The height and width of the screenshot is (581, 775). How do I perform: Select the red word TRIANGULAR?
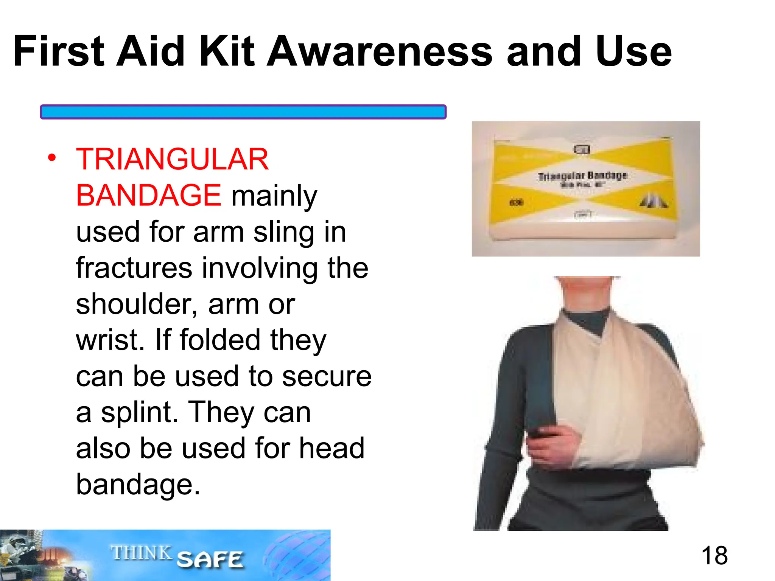(x=172, y=159)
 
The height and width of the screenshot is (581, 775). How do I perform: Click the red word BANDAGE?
(x=148, y=196)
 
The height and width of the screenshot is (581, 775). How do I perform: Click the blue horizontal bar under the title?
(x=243, y=112)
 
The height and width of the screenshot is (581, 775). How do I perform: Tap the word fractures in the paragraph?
(x=134, y=268)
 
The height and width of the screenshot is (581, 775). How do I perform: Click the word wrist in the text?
(x=110, y=340)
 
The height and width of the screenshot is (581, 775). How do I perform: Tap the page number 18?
(x=714, y=555)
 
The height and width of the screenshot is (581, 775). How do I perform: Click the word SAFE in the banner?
(x=210, y=559)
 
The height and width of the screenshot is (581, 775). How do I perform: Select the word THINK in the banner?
(x=141, y=553)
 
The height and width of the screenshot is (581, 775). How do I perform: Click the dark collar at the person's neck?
(x=587, y=320)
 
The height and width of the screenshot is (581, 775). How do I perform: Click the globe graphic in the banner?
(x=295, y=556)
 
